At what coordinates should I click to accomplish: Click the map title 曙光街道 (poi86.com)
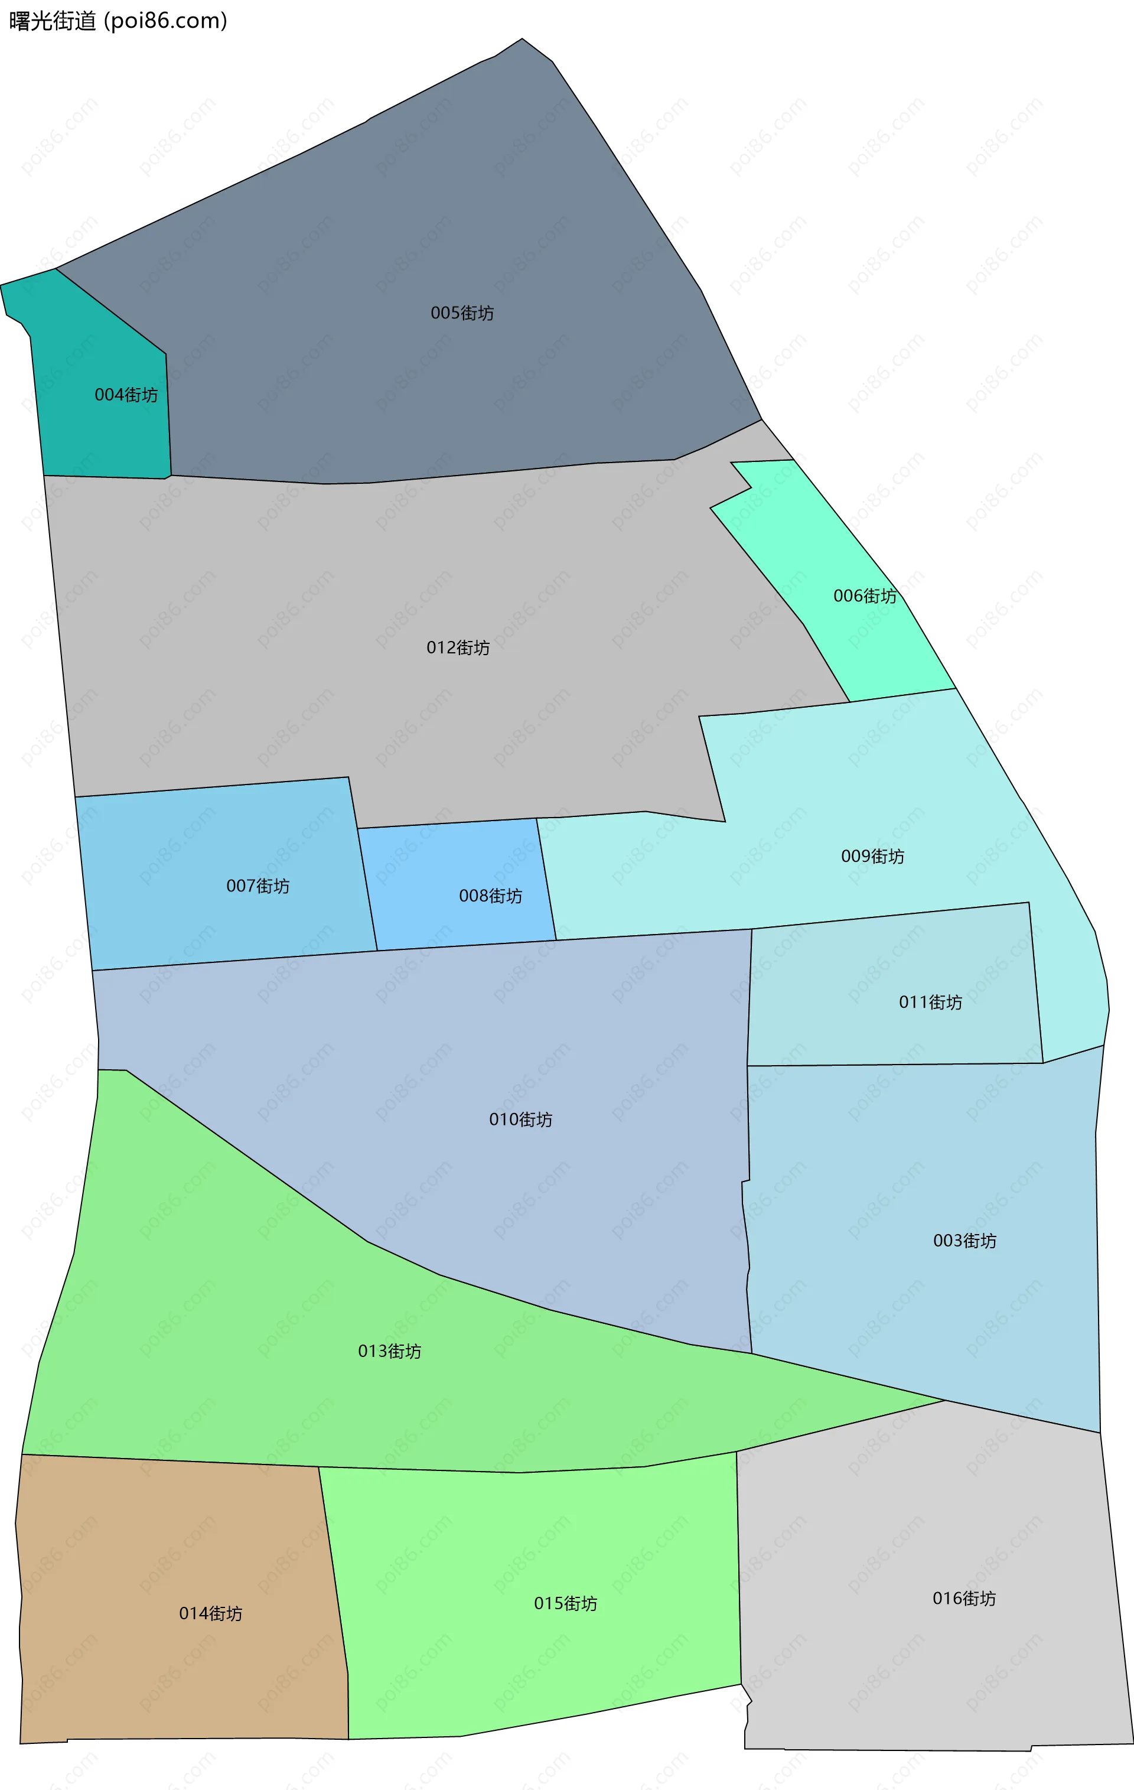coord(118,21)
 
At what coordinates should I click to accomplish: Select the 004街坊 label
coord(126,395)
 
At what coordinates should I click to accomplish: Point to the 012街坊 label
coord(458,647)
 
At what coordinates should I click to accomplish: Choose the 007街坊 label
coord(258,886)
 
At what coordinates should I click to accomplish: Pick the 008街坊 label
coord(490,896)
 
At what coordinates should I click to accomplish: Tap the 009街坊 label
coord(872,857)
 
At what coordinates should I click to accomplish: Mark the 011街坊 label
coord(930,1002)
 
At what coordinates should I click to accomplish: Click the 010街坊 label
coord(520,1119)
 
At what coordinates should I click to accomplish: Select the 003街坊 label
coord(964,1241)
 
